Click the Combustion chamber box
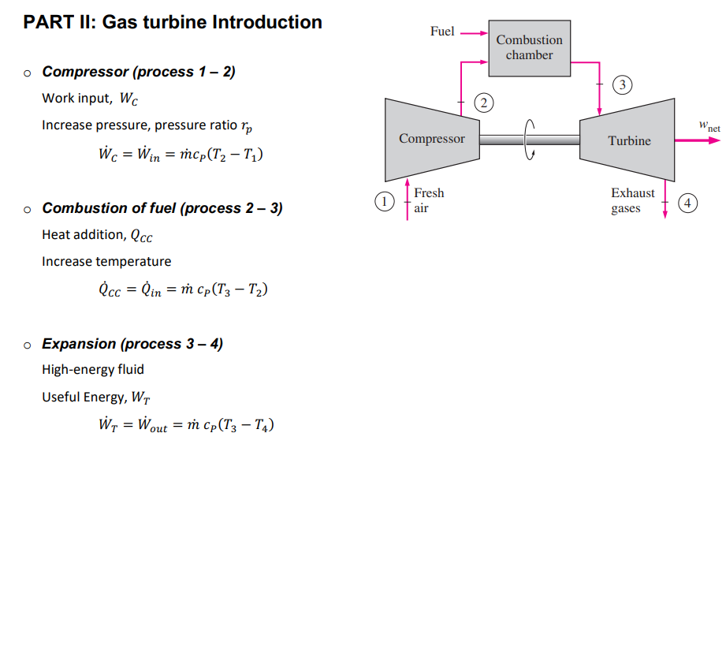[530, 48]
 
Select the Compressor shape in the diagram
[431, 139]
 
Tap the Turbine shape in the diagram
[628, 140]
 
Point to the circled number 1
[384, 202]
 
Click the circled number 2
[485, 103]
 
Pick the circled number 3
[624, 84]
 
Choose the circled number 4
[688, 203]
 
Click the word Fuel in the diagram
[442, 32]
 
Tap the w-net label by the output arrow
[709, 125]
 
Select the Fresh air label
[428, 200]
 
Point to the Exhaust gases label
[632, 200]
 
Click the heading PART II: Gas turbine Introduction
[173, 22]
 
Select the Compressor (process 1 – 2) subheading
[139, 72]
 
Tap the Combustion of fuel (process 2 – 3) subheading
[162, 208]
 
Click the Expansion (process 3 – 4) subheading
[132, 344]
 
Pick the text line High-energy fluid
[93, 369]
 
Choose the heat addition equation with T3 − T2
[183, 290]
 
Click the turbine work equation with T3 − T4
[186, 426]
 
